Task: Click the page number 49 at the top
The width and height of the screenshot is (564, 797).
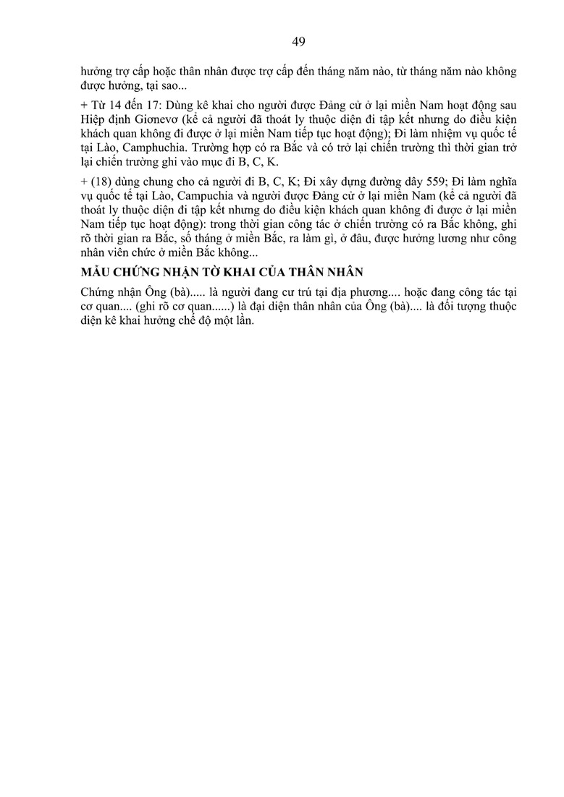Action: tap(299, 41)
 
